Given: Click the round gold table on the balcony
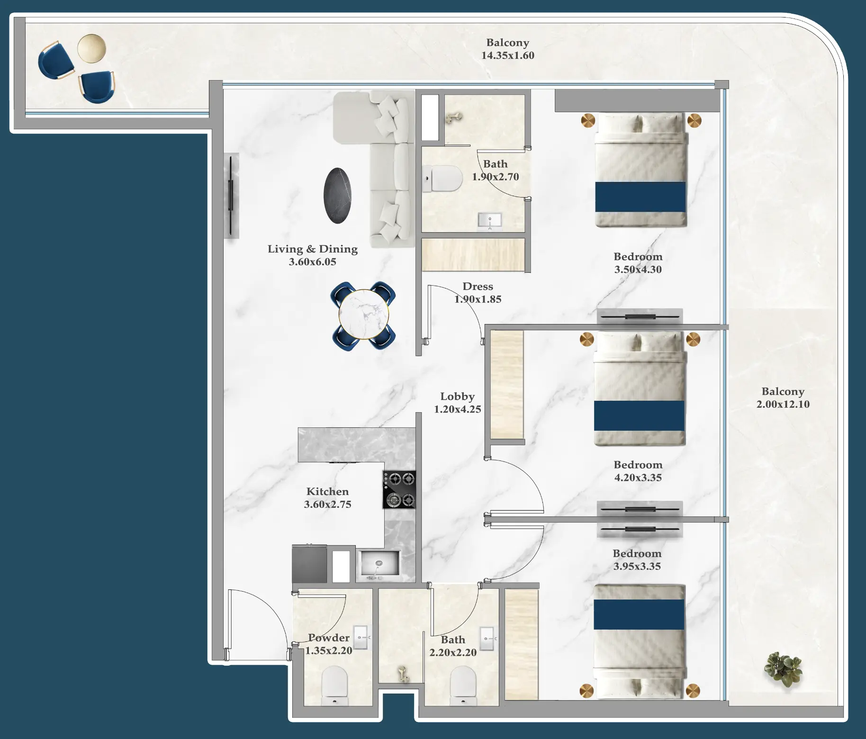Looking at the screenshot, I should (91, 48).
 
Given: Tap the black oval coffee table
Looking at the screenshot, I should (337, 195).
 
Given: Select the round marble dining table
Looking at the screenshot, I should (363, 315).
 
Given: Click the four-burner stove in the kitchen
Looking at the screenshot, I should (399, 490).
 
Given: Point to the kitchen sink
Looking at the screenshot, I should (379, 564).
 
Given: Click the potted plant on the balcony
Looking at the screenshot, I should (783, 668).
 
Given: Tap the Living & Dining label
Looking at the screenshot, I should (312, 249).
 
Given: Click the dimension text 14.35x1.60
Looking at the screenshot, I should (507, 55).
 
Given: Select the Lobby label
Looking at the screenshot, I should (457, 397).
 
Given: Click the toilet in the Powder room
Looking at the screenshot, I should (334, 685).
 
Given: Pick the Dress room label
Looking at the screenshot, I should (478, 287).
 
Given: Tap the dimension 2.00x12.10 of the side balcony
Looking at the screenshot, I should (783, 404).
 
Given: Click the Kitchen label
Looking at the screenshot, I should (327, 492).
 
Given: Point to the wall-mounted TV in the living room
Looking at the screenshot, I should (231, 195).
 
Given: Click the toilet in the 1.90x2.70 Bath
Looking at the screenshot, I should (443, 179).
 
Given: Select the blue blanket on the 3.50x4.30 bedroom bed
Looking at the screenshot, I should (640, 197).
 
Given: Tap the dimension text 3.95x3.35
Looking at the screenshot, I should (637, 566).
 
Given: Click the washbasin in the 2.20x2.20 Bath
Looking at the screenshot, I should (487, 639).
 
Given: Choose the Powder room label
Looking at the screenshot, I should (329, 638).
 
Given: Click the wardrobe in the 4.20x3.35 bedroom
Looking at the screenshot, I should (506, 385).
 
